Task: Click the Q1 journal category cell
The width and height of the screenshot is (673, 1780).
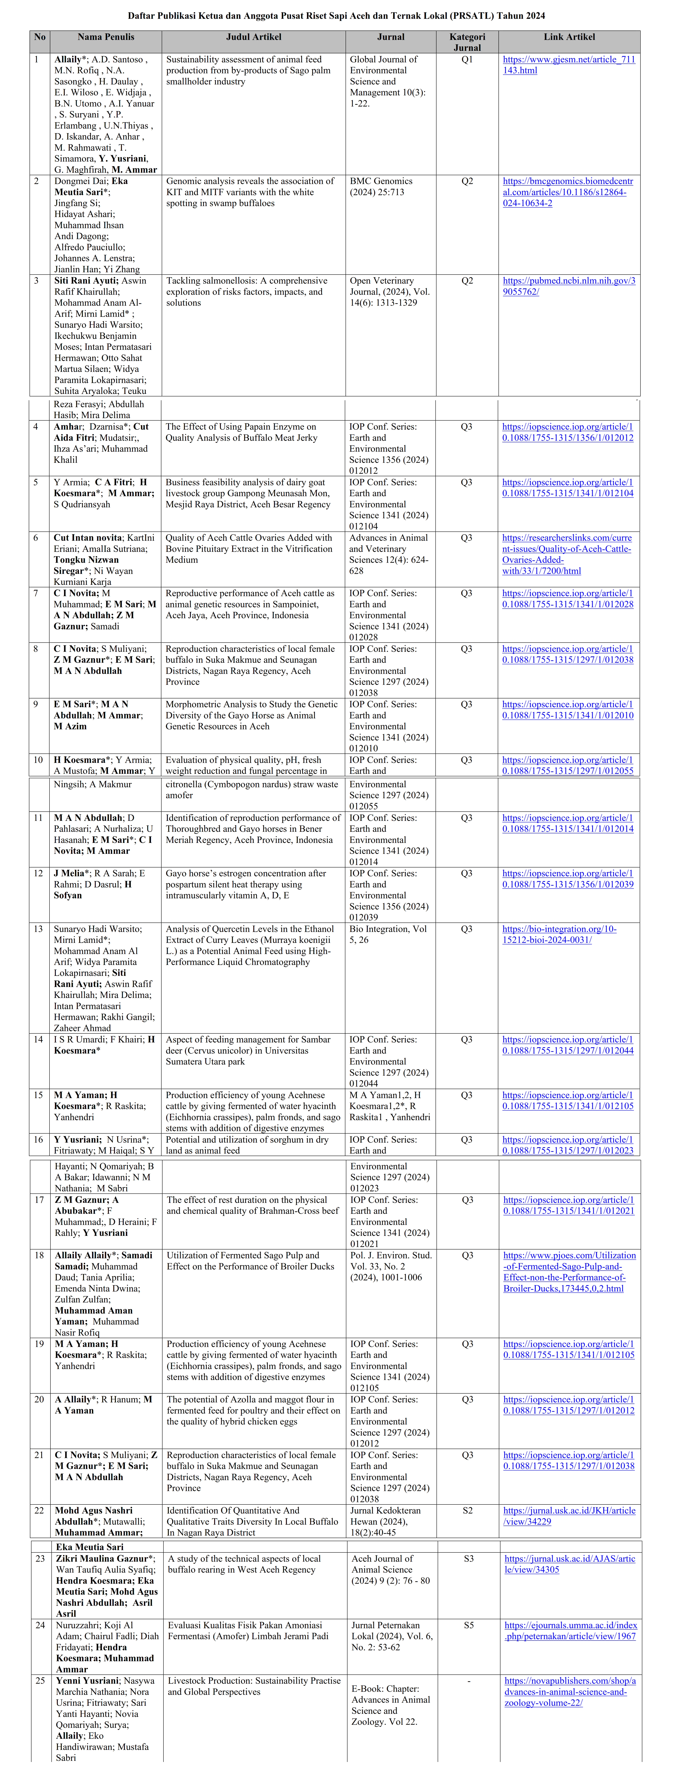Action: [x=467, y=59]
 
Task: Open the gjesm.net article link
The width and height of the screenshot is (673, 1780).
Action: [x=568, y=65]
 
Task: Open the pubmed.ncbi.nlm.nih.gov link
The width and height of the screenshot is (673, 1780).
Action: [x=568, y=286]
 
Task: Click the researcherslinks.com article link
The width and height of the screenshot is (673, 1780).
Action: [x=567, y=554]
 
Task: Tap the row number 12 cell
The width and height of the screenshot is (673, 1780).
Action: [x=38, y=873]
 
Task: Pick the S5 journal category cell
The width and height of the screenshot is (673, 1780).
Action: [x=468, y=1625]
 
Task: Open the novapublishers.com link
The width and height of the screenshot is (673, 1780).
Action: [x=569, y=1692]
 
